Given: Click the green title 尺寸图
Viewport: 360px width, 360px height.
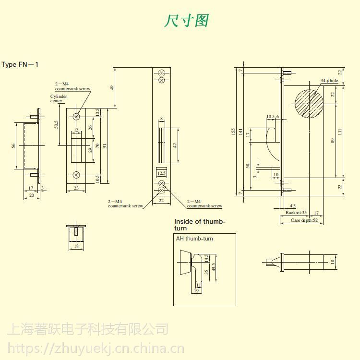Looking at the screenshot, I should click(x=187, y=21).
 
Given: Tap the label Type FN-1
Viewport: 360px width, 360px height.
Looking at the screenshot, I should click(x=20, y=65).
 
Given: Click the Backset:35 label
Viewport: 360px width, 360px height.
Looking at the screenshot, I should click(x=296, y=212).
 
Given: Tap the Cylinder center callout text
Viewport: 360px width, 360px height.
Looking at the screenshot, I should click(x=59, y=99).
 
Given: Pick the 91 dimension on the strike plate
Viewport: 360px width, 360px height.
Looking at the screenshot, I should click(x=105, y=145).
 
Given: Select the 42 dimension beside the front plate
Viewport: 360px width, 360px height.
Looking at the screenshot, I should click(x=175, y=144).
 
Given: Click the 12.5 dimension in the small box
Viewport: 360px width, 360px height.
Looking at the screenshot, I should click(x=162, y=173).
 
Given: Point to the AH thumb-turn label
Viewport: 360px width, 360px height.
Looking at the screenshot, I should click(x=194, y=239).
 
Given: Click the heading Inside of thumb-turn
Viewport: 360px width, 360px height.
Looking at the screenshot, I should click(x=199, y=225).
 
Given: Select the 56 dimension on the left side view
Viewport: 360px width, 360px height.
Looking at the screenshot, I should click(x=14, y=145).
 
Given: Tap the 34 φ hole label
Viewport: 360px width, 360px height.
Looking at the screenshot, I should click(x=329, y=81).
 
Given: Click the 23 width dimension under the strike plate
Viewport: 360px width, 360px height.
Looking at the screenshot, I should click(x=76, y=189).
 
